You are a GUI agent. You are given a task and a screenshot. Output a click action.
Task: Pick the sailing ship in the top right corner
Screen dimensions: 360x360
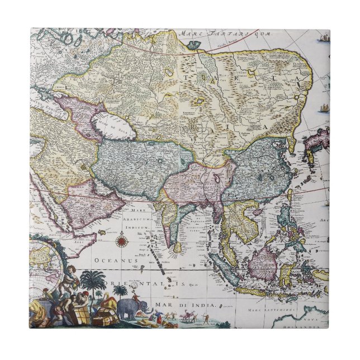pyautogui.click(x=323, y=39)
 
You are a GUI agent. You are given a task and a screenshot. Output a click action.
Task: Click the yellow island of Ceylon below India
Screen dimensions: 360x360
pyautogui.click(x=178, y=247)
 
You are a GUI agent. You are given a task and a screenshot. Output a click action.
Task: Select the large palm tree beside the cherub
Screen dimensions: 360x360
pyautogui.click(x=93, y=283)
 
